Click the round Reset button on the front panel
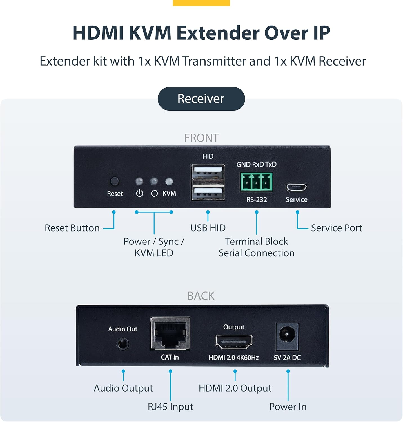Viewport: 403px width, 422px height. [x=114, y=181]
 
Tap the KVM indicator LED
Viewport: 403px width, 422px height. [x=169, y=181]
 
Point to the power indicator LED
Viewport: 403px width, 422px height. [x=139, y=181]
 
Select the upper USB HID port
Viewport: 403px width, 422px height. [x=208, y=171]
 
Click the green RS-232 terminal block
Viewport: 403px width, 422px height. [x=256, y=182]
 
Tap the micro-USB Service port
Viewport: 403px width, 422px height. [x=296, y=187]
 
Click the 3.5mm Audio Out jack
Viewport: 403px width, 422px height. [x=123, y=344]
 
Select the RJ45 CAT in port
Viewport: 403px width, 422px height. [x=170, y=334]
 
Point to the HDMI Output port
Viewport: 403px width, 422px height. [x=234, y=342]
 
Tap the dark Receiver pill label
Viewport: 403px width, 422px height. [x=201, y=99]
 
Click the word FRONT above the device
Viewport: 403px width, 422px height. [x=201, y=138]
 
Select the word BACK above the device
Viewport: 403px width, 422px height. [x=201, y=296]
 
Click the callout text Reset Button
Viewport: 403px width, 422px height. [x=72, y=228]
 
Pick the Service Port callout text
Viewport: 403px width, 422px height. [x=337, y=228]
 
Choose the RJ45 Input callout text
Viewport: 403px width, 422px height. [x=170, y=407]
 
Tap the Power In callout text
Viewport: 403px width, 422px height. [x=288, y=407]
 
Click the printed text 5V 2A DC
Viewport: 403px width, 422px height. [x=287, y=358]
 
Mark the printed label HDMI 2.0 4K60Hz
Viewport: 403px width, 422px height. [x=233, y=358]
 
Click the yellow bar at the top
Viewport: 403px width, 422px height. [x=201, y=3]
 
